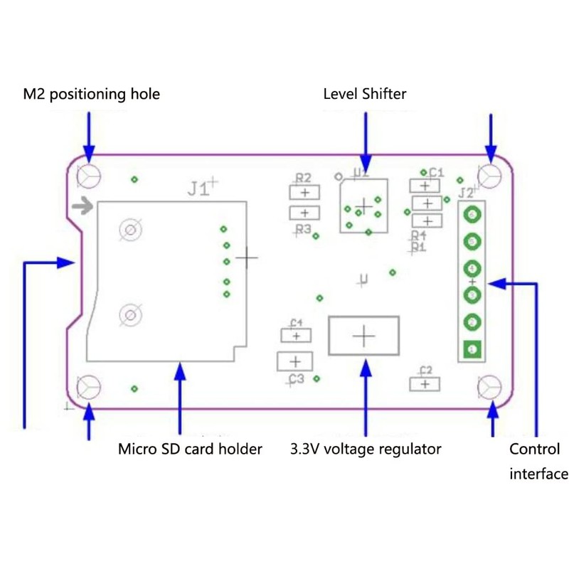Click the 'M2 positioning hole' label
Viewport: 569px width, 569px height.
[x=91, y=94]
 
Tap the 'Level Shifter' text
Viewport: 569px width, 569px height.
[x=364, y=93]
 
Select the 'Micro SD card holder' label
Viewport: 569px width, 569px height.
[x=190, y=449]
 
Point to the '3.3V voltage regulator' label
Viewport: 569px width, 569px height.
[x=365, y=449]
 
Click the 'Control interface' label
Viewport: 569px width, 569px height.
[x=538, y=461]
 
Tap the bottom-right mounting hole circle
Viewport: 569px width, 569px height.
[x=489, y=386]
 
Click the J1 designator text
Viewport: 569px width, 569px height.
[x=198, y=189]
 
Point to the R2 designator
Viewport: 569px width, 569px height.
[x=304, y=178]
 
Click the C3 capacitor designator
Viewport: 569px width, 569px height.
[x=296, y=379]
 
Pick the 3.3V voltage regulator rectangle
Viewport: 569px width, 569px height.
[x=364, y=336]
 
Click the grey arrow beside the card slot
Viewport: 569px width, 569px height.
[x=83, y=207]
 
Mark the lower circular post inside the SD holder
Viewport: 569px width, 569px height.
[x=130, y=314]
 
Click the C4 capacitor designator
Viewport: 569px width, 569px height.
[x=297, y=322]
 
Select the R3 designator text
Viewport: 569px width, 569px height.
[x=304, y=229]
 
